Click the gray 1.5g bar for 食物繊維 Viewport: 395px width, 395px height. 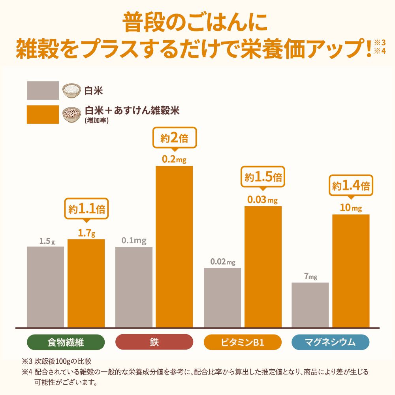tap(45, 287)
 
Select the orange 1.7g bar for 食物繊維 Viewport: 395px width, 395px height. tap(86, 283)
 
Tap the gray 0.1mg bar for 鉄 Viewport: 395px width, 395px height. tap(134, 287)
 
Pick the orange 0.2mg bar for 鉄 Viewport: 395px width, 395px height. tap(174, 246)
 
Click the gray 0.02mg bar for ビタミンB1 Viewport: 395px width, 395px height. tap(222, 297)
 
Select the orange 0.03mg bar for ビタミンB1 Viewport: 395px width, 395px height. tap(263, 267)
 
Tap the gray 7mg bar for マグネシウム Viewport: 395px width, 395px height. tap(310, 305)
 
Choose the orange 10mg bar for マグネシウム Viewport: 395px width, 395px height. tap(351, 271)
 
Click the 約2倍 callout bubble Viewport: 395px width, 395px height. tap(174, 139)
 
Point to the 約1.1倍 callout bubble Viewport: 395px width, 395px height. tap(86, 210)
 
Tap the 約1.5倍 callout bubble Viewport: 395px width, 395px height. tap(263, 177)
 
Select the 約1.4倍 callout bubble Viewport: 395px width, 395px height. tap(351, 186)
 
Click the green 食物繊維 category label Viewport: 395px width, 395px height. tap(66, 342)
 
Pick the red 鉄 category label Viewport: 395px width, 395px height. tap(154, 342)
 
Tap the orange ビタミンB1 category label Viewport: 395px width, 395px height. tap(243, 342)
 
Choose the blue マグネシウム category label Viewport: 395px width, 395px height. tap(330, 342)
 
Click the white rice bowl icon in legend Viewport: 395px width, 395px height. tap(72, 90)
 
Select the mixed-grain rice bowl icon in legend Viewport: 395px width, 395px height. tap(72, 114)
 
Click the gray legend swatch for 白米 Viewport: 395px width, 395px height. tap(43, 90)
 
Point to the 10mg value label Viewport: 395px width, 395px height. tap(351, 208)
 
